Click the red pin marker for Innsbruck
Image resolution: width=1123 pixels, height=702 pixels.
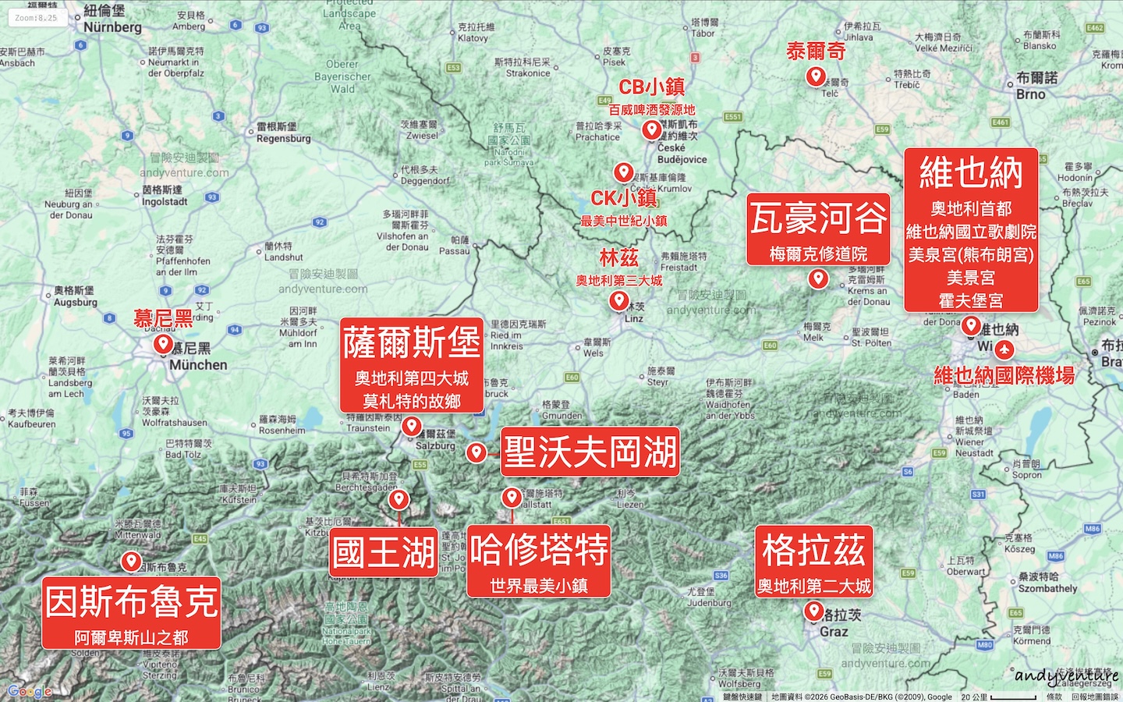[x=131, y=561]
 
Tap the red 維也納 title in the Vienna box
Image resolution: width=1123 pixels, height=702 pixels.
[x=971, y=173]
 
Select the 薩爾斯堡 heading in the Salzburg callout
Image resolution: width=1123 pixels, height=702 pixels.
[x=412, y=343]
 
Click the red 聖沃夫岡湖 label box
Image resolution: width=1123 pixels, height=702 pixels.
[x=590, y=452]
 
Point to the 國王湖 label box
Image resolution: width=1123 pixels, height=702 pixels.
[x=384, y=552]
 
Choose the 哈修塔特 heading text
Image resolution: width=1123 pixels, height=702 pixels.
[x=539, y=550]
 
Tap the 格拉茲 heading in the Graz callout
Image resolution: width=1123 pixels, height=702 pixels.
[x=813, y=550]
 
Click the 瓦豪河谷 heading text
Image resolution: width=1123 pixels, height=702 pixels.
[x=818, y=218]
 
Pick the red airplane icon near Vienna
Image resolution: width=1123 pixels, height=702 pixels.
[x=1004, y=349]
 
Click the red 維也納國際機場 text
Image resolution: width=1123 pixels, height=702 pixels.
[x=1004, y=376]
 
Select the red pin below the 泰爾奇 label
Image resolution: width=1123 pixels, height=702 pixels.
[x=816, y=76]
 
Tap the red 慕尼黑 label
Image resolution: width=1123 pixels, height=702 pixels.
[x=163, y=318]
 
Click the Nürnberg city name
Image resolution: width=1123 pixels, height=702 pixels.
[x=112, y=27]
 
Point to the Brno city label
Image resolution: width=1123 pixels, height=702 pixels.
[x=1031, y=94]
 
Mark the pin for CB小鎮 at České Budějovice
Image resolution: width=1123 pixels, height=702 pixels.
[x=652, y=129]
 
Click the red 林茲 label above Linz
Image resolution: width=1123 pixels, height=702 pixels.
[x=619, y=257]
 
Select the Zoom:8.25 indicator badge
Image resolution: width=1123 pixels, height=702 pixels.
[x=37, y=17]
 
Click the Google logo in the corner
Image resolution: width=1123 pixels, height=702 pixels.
[x=30, y=691]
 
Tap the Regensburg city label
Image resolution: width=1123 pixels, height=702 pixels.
[x=283, y=139]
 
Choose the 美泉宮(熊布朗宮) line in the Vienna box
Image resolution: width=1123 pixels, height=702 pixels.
[x=971, y=255]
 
